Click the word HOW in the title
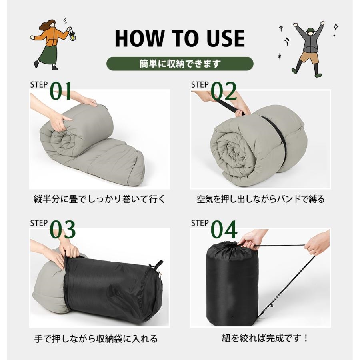[140, 38]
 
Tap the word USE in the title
[226, 38]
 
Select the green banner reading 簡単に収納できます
[180, 64]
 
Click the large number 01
[61, 91]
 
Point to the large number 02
[224, 91]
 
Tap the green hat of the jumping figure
[310, 30]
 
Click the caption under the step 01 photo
[99, 199]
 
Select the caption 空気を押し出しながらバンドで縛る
[260, 199]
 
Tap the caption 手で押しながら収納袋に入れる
[96, 339]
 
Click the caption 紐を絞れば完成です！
[265, 338]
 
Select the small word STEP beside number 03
[39, 223]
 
